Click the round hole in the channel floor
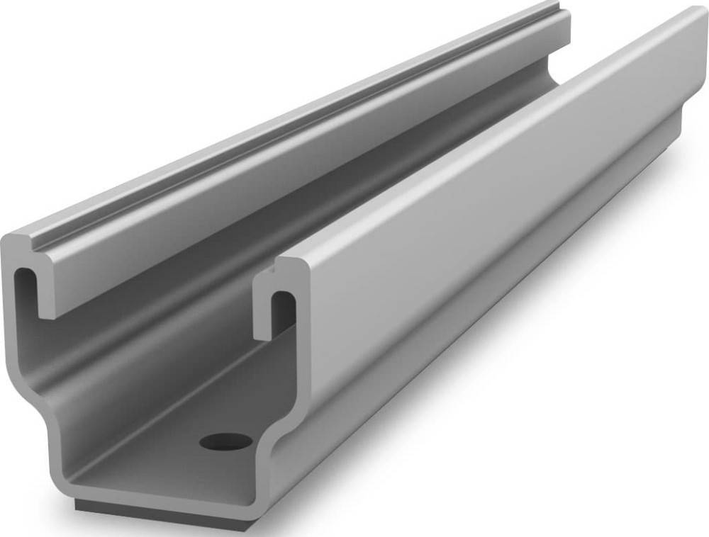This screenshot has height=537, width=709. point(225,441)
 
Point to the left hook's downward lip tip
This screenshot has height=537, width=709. point(48,311)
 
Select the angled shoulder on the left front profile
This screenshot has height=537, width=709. point(32,393)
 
